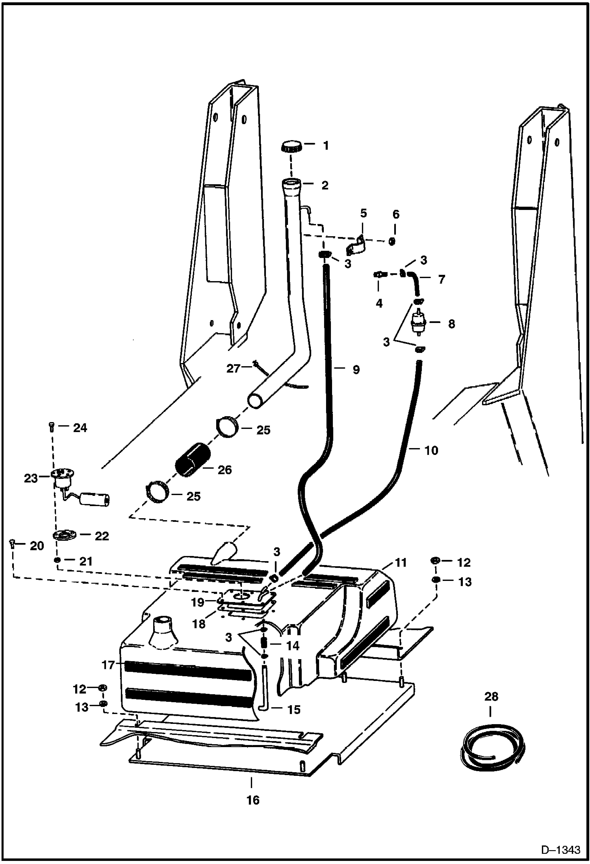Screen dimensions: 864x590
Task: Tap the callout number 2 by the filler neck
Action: [x=325, y=185]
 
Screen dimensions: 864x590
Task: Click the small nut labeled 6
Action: [x=392, y=241]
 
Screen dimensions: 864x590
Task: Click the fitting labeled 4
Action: [x=379, y=274]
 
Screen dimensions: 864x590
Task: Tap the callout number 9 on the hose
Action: [x=356, y=369]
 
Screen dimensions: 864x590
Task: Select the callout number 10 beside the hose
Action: [x=431, y=450]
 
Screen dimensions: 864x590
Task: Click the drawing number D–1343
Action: [x=560, y=850]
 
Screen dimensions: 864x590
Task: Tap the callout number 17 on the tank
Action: [x=108, y=665]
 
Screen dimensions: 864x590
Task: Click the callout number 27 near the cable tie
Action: [x=233, y=369]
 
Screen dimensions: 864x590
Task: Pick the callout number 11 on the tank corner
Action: [x=401, y=563]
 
